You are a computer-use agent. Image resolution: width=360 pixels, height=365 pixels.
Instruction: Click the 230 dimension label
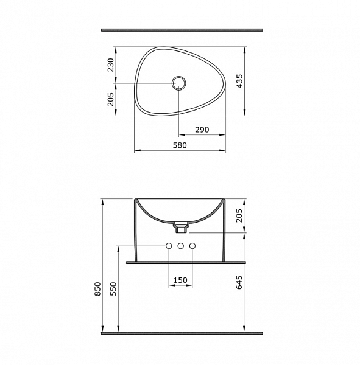click(111, 65)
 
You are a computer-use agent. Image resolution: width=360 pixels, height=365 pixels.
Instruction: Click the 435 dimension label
click(239, 82)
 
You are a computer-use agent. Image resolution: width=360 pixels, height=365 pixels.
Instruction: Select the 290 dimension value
click(202, 130)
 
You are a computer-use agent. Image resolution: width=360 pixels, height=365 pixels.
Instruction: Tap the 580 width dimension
click(180, 145)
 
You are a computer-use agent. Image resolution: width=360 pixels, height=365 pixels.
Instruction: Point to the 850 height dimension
click(97, 289)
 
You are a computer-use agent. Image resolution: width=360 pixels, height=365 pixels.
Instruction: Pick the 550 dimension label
click(113, 289)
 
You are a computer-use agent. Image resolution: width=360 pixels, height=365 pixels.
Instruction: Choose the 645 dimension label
click(239, 282)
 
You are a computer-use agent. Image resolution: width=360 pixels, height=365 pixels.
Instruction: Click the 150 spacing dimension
click(180, 280)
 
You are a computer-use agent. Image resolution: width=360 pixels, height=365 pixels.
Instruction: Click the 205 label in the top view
click(111, 99)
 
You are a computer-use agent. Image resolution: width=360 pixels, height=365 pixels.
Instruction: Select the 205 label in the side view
click(239, 215)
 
